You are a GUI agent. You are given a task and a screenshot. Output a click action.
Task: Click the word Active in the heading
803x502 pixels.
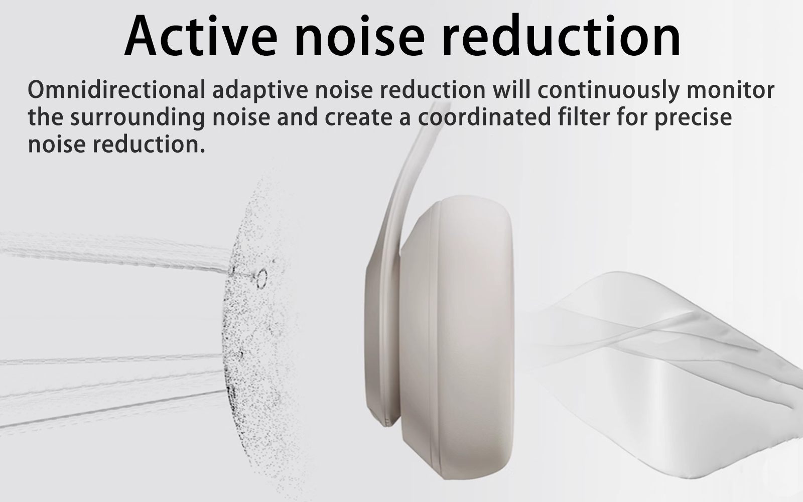[x=201, y=36]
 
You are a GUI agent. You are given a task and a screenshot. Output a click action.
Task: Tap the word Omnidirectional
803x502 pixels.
[x=116, y=90]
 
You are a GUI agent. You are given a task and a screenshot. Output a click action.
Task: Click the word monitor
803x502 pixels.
[x=731, y=90]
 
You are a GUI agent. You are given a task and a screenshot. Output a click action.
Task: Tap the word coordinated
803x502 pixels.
[x=484, y=117]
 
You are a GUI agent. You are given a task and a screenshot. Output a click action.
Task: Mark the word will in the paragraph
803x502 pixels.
[x=511, y=89]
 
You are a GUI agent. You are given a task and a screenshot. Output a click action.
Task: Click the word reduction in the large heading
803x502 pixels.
[x=562, y=36]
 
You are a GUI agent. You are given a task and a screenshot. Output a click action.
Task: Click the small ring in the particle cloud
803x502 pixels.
[x=261, y=279]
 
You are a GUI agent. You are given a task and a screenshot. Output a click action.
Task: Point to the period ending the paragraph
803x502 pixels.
[x=203, y=151]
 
